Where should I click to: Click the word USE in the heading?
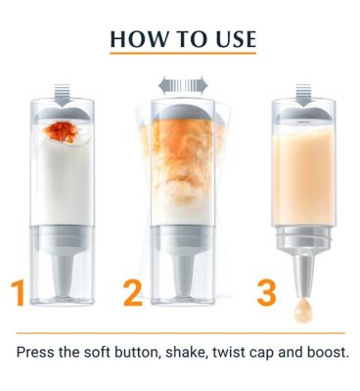(236, 39)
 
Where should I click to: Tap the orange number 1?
(19, 292)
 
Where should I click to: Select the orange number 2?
(133, 292)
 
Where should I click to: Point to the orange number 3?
(266, 292)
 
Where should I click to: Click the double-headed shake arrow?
(183, 85)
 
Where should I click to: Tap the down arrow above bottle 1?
(62, 95)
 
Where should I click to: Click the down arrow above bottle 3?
(303, 95)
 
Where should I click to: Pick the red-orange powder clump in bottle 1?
(61, 132)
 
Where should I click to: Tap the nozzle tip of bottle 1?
(63, 292)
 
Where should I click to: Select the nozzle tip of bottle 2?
(183, 292)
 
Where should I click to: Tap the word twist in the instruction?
(227, 353)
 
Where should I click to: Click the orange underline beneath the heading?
(183, 53)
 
